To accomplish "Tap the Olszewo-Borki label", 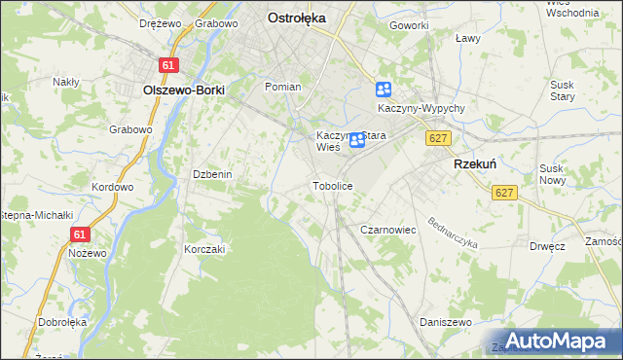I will pyautogui.click(x=184, y=90).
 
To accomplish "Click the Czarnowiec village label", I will pyautogui.click(x=388, y=230).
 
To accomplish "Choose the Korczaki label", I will pyautogui.click(x=204, y=249).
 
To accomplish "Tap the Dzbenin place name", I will pyautogui.click(x=211, y=174).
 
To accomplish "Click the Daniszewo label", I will pyautogui.click(x=445, y=321).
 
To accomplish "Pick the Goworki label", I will pyautogui.click(x=410, y=25).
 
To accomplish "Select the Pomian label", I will pyautogui.click(x=283, y=87).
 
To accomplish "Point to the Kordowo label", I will pyautogui.click(x=112, y=187).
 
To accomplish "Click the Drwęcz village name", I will pyautogui.click(x=548, y=246).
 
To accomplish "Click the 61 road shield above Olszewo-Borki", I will pyautogui.click(x=170, y=65).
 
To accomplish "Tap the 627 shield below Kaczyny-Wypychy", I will pyautogui.click(x=437, y=139).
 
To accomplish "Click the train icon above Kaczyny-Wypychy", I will pyautogui.click(x=384, y=90).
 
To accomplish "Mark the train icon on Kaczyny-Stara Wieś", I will pyautogui.click(x=357, y=140).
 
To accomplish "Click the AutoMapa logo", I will pyautogui.click(x=557, y=341).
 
